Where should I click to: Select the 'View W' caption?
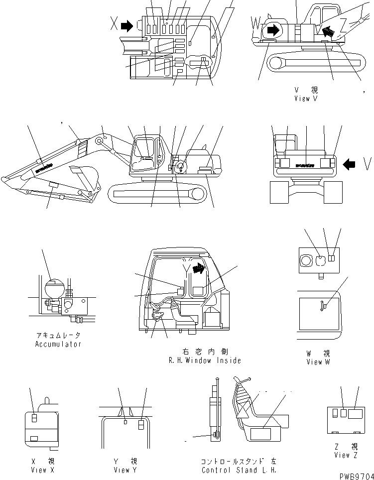[318, 362]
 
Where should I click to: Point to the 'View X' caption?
[39, 470]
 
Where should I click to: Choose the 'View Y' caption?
[122, 470]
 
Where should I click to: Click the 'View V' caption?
[305, 99]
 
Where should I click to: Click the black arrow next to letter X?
[127, 25]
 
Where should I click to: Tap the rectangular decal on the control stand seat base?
[262, 434]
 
